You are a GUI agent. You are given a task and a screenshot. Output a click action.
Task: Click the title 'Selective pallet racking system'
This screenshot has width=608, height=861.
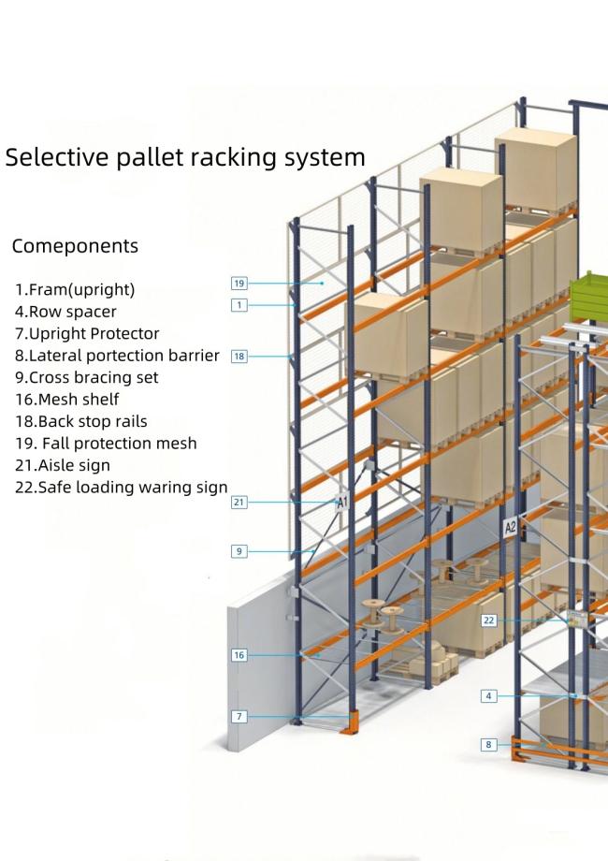(185, 156)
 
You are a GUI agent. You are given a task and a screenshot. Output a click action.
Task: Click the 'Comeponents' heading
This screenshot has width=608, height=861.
(75, 246)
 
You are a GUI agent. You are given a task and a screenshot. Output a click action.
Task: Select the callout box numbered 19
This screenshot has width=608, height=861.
(239, 282)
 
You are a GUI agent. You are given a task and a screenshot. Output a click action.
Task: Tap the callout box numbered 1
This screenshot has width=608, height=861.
(239, 305)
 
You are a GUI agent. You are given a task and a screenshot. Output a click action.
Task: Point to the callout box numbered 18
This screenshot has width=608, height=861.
(239, 356)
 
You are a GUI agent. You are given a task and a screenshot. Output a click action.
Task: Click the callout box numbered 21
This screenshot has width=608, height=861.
(239, 503)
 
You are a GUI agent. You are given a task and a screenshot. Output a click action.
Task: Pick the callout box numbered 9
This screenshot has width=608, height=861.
(239, 551)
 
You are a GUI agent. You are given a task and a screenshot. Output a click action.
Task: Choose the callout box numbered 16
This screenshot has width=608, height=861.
(239, 655)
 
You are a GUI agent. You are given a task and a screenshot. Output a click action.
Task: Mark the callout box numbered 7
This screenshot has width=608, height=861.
(239, 716)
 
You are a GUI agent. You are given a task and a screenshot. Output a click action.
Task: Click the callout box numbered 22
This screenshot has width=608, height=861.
(488, 620)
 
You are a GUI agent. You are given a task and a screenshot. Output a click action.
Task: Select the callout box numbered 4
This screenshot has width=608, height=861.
(488, 696)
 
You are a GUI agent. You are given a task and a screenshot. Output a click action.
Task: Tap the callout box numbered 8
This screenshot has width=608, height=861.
(488, 744)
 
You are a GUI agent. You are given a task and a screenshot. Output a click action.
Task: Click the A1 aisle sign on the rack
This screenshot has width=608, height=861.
(342, 503)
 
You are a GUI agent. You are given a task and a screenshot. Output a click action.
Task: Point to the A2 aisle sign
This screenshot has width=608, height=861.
(511, 528)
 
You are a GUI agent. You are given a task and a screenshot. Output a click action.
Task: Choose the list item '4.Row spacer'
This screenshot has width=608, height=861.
(65, 311)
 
